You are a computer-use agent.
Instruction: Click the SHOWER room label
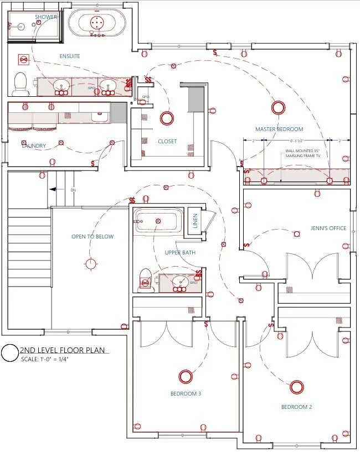point(46,17)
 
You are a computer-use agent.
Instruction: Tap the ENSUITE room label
point(70,56)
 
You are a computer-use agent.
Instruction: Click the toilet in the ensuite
point(20,82)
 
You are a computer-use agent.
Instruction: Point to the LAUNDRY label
point(34,146)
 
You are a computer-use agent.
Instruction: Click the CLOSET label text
point(167,141)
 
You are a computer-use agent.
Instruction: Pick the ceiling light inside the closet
point(166,117)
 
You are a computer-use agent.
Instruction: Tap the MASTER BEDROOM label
point(279,129)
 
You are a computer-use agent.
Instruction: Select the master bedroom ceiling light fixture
point(277,107)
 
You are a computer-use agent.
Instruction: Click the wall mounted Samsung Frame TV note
point(303,153)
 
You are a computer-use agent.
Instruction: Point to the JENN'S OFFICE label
point(328,228)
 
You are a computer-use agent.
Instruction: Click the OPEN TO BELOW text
point(92,237)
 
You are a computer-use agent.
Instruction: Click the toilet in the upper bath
point(145,280)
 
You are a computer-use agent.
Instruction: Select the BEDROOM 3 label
point(186,394)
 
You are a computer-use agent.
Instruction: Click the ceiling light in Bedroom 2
point(297,386)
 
